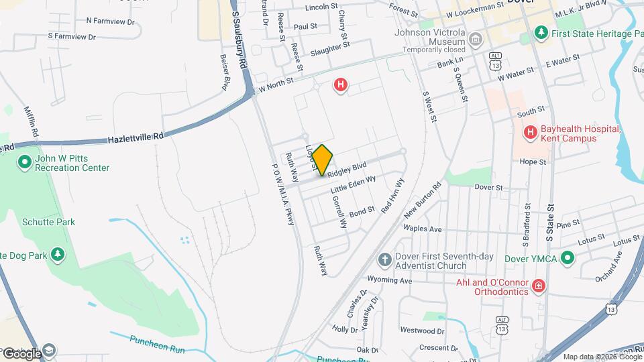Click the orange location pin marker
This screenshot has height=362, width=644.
point(323,160)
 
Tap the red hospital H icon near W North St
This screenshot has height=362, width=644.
point(341,85)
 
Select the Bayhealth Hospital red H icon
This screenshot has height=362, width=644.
point(531,133)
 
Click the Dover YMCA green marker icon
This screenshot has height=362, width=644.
point(568,258)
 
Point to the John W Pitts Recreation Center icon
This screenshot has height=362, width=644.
point(25,162)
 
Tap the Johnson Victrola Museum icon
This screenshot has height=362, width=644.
point(476,40)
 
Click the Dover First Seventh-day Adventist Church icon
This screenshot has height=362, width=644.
point(384,259)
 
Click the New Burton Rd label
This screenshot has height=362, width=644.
point(422,200)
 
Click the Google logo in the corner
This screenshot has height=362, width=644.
point(22,353)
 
